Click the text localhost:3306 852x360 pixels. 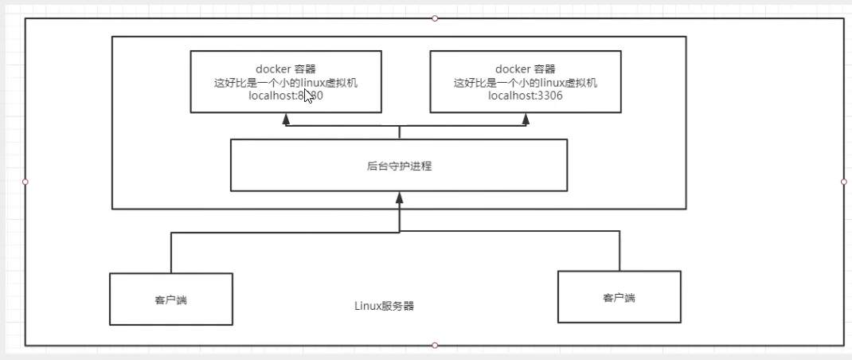click(x=526, y=96)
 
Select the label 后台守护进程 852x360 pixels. click(x=399, y=166)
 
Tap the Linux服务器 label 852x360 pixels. click(x=384, y=306)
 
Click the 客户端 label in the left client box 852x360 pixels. click(x=170, y=300)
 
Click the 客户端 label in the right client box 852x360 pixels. click(x=619, y=298)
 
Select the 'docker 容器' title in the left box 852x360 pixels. click(x=285, y=69)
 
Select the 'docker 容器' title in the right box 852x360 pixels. click(x=526, y=69)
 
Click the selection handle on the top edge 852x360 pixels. click(x=435, y=18)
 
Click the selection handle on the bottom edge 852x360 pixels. click(x=435, y=346)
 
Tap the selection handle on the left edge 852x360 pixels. click(x=25, y=182)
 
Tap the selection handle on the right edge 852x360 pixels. click(x=844, y=182)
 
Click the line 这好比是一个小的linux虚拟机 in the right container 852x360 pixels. click(x=526, y=83)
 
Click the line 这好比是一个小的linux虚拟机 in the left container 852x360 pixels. click(x=285, y=83)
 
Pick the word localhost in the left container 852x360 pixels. click(x=272, y=96)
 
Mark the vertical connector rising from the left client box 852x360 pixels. click(x=171, y=253)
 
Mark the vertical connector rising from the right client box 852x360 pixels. click(x=619, y=252)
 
